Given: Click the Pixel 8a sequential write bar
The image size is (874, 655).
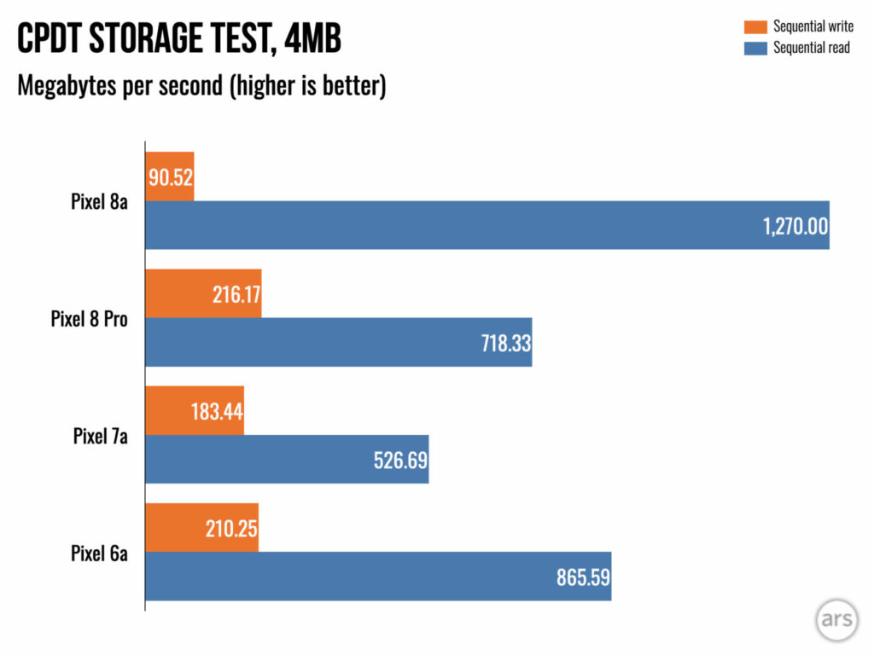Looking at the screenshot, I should click(170, 177).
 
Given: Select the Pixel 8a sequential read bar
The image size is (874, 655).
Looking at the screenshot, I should click(487, 225).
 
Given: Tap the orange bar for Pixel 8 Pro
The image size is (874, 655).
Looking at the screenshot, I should click(203, 293).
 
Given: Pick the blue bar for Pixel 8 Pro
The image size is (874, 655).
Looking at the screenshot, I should click(338, 342).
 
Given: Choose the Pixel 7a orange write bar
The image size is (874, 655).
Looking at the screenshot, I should click(195, 410).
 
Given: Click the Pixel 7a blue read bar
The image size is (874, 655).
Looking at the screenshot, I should click(287, 459).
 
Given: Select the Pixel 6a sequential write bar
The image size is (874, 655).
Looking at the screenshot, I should click(201, 527).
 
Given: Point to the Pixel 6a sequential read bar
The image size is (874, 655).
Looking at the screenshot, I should click(378, 576).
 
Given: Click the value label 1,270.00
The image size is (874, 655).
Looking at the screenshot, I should click(795, 226).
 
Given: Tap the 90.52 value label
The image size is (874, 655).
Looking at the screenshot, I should click(171, 178).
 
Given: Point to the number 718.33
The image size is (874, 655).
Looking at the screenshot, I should click(504, 344).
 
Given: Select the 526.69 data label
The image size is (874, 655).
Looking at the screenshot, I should click(400, 461).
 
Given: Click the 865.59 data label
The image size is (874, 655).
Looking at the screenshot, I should click(583, 577).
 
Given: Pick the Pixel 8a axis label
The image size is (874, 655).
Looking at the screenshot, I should click(99, 203).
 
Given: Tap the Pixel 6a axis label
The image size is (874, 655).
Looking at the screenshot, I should click(99, 554).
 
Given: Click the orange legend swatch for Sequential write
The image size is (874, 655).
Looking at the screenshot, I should click(755, 27).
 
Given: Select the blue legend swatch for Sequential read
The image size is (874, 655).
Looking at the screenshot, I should click(755, 48).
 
